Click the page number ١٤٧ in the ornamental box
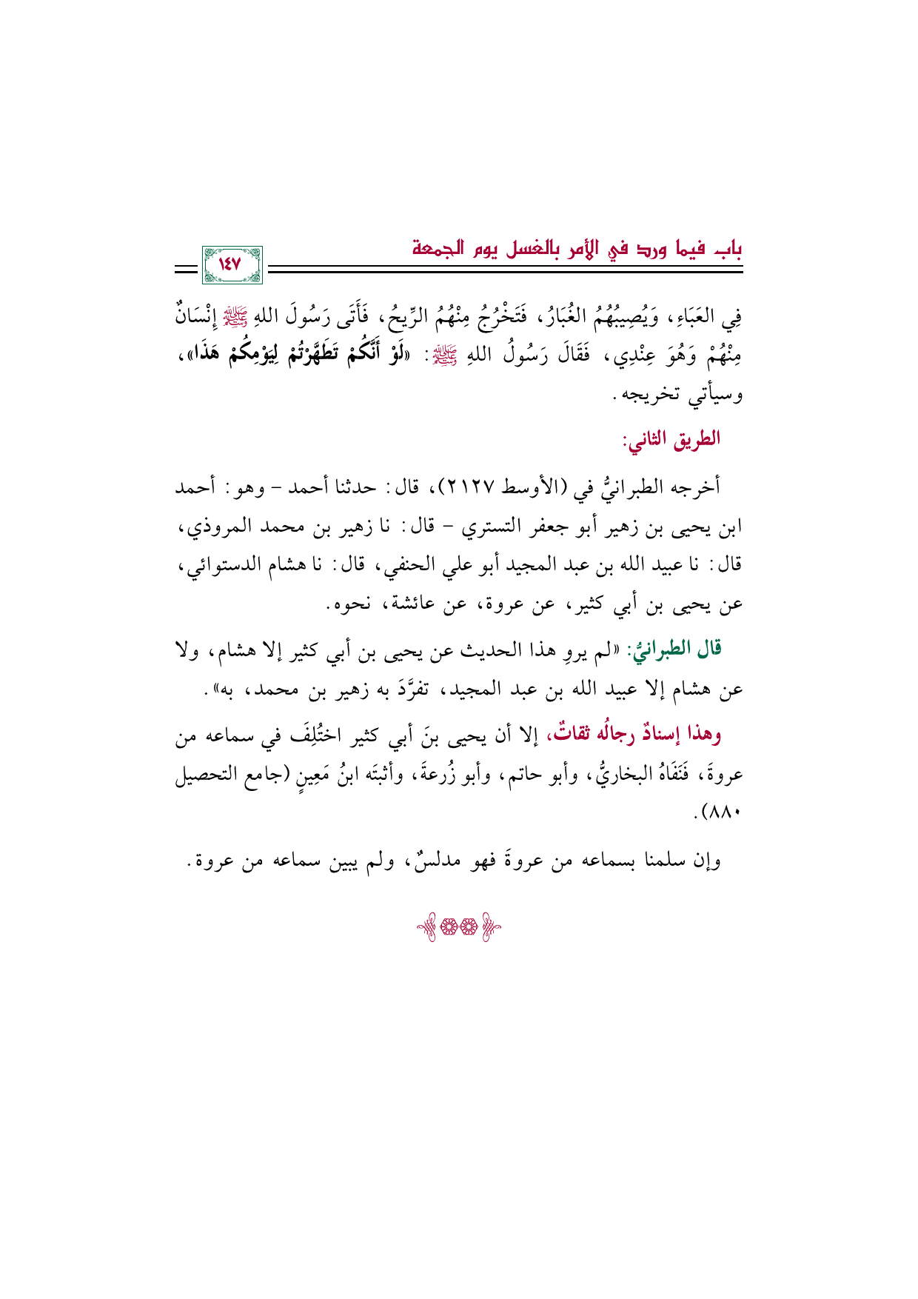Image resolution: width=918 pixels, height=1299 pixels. click(x=231, y=264)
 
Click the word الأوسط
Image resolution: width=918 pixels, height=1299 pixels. click(x=534, y=488)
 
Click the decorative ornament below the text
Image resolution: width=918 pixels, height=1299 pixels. click(x=458, y=929)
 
